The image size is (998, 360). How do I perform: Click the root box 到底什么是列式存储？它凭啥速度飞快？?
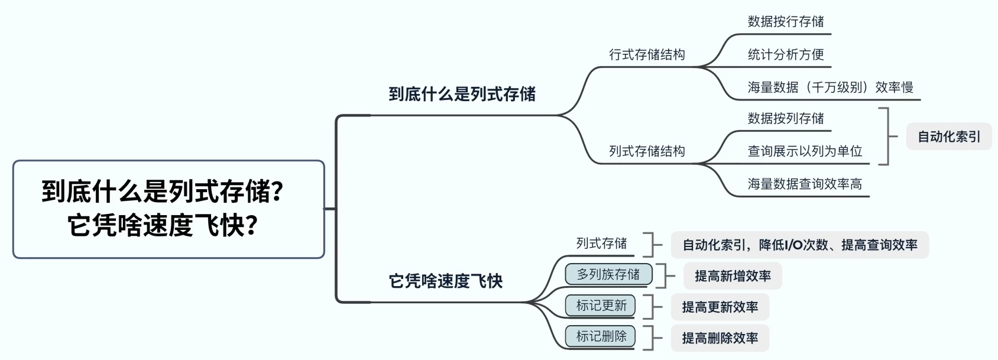click(169, 209)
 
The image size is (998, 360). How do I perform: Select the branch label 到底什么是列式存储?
click(462, 94)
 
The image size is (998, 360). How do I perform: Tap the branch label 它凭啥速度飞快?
click(445, 281)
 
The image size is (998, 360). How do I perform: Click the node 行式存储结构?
click(647, 55)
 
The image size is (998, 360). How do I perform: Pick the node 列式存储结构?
click(647, 151)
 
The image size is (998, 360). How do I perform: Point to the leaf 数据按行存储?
click(786, 22)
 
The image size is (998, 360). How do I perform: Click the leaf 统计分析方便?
click(786, 55)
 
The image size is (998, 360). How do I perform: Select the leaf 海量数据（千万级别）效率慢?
click(830, 87)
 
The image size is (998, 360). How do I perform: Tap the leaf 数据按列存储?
click(786, 119)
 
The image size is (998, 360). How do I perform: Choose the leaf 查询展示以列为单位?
click(805, 151)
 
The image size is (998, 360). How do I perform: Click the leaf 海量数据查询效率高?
click(805, 184)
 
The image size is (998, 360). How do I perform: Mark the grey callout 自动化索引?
click(948, 137)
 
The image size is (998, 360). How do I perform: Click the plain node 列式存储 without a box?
click(601, 244)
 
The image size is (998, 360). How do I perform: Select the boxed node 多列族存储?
click(608, 274)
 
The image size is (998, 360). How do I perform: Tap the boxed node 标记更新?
click(601, 306)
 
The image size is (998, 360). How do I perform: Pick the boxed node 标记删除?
click(601, 336)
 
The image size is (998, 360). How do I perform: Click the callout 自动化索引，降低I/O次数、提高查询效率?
click(799, 245)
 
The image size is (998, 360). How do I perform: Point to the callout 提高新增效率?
click(733, 276)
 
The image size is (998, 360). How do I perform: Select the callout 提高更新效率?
click(720, 307)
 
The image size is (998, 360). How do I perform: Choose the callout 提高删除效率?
click(720, 338)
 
